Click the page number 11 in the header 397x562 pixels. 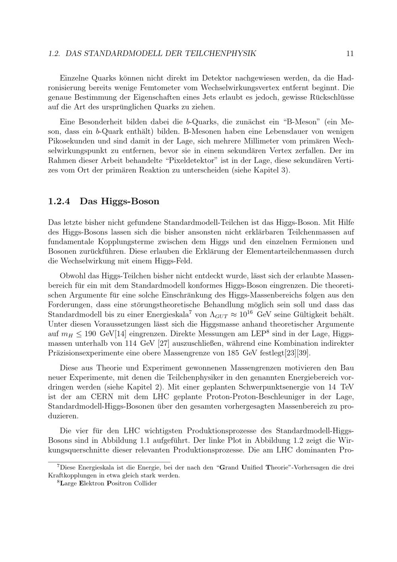[350, 53]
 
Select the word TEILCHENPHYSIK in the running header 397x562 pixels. [221, 53]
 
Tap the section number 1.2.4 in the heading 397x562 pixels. [59, 201]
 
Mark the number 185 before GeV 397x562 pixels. [234, 353]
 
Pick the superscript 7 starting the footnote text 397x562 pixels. [58, 466]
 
